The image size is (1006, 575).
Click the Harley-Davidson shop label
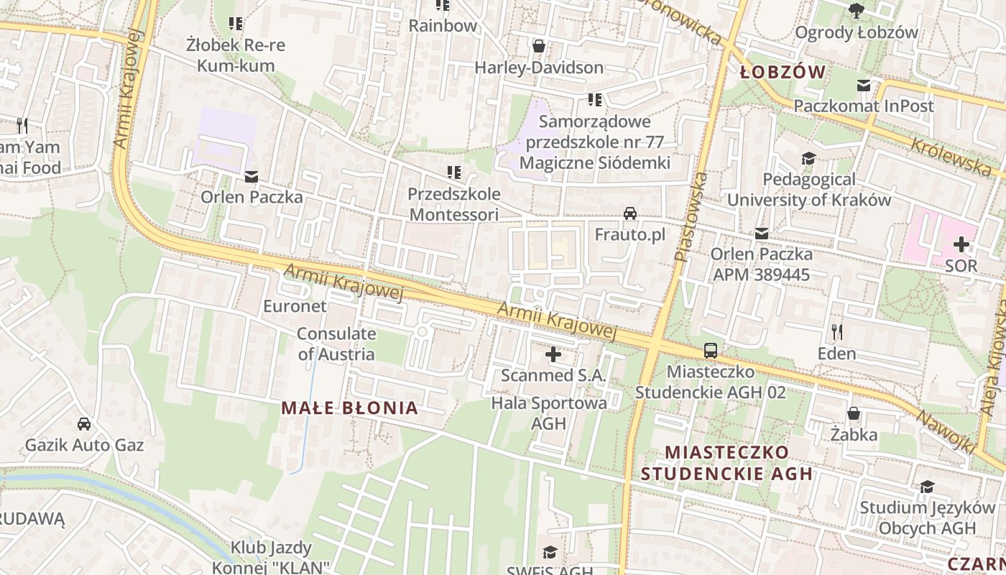click(x=539, y=68)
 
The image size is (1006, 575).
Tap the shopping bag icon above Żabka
click(x=854, y=413)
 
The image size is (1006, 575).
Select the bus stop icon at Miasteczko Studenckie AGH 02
click(x=711, y=351)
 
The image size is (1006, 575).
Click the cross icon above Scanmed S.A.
click(x=553, y=354)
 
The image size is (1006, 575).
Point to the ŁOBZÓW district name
click(x=783, y=72)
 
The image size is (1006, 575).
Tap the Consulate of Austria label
click(x=336, y=344)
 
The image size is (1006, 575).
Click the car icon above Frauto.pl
click(x=630, y=213)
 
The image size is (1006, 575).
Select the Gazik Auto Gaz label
click(x=84, y=445)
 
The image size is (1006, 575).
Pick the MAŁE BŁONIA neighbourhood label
click(x=349, y=408)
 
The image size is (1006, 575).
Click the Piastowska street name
click(x=691, y=216)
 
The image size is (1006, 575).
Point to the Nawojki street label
click(x=945, y=431)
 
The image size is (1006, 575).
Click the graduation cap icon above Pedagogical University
click(x=809, y=158)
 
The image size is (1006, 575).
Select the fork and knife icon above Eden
click(x=836, y=331)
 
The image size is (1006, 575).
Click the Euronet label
click(x=295, y=306)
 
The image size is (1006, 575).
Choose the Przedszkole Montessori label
click(x=453, y=204)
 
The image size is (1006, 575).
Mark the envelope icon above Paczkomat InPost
click(x=864, y=86)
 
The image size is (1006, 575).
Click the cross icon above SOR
click(x=961, y=244)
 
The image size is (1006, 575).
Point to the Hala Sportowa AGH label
click(x=549, y=413)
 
